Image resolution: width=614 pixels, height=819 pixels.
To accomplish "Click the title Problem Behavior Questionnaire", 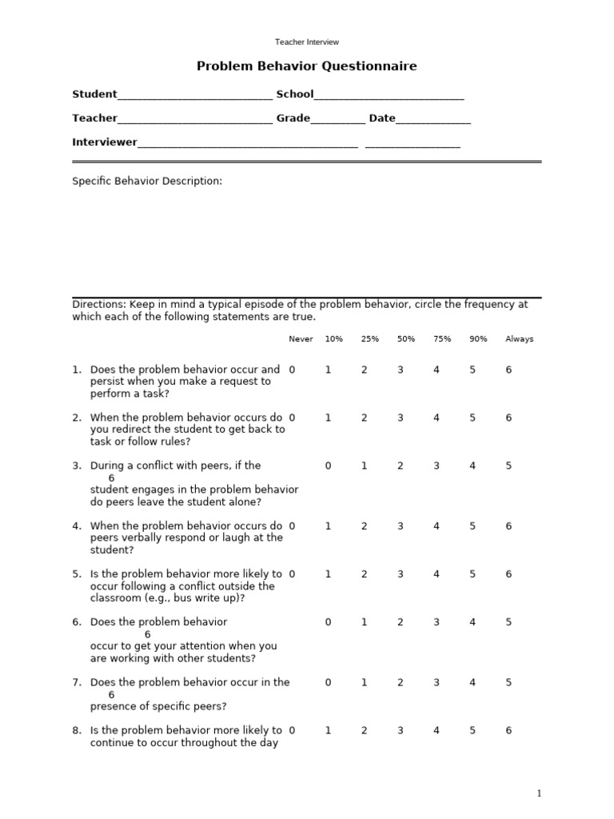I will (x=307, y=66).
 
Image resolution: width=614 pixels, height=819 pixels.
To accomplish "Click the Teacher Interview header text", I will (x=307, y=42).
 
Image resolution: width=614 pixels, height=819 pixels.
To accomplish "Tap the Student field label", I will (x=94, y=94).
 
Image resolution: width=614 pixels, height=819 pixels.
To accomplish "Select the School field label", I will (x=295, y=94).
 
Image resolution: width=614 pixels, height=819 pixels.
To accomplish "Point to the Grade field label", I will (x=293, y=118).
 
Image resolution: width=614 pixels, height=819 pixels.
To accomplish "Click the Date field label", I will (x=382, y=118).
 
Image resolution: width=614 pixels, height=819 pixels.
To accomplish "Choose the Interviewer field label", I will (x=105, y=142).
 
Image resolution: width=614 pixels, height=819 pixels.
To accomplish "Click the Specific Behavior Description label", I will (x=147, y=182).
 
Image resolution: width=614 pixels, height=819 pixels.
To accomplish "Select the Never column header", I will (x=301, y=339).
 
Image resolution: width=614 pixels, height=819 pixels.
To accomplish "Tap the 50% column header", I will (x=406, y=339).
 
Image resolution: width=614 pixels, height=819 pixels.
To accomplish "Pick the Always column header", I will (x=519, y=339).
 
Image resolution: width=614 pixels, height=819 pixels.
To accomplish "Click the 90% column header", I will (x=478, y=339).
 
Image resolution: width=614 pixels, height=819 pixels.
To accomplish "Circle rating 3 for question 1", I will (x=401, y=370).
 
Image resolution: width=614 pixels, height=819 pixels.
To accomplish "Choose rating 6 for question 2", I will (x=508, y=417).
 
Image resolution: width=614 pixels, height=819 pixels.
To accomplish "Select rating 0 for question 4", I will (x=293, y=526).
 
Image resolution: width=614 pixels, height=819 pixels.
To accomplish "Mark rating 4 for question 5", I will (x=437, y=574).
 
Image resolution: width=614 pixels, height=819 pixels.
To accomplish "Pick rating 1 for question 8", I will (x=328, y=730).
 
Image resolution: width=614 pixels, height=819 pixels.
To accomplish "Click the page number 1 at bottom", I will (x=540, y=793).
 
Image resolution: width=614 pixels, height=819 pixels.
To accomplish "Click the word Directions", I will (x=97, y=305).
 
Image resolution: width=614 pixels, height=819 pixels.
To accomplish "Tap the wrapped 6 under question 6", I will (x=148, y=634).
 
